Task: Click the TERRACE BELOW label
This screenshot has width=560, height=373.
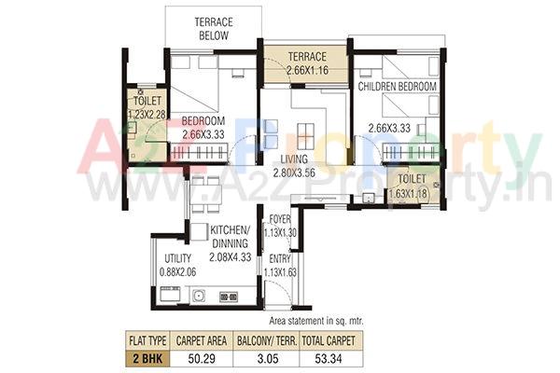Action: click(214, 28)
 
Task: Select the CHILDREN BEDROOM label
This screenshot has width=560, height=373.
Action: click(398, 87)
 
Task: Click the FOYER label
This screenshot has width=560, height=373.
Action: click(279, 220)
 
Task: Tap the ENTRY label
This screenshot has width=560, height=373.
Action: click(279, 259)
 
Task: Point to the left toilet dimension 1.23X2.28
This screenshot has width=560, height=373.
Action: click(146, 114)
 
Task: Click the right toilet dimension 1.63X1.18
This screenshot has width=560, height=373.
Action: click(412, 193)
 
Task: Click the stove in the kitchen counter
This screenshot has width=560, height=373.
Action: click(228, 296)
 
